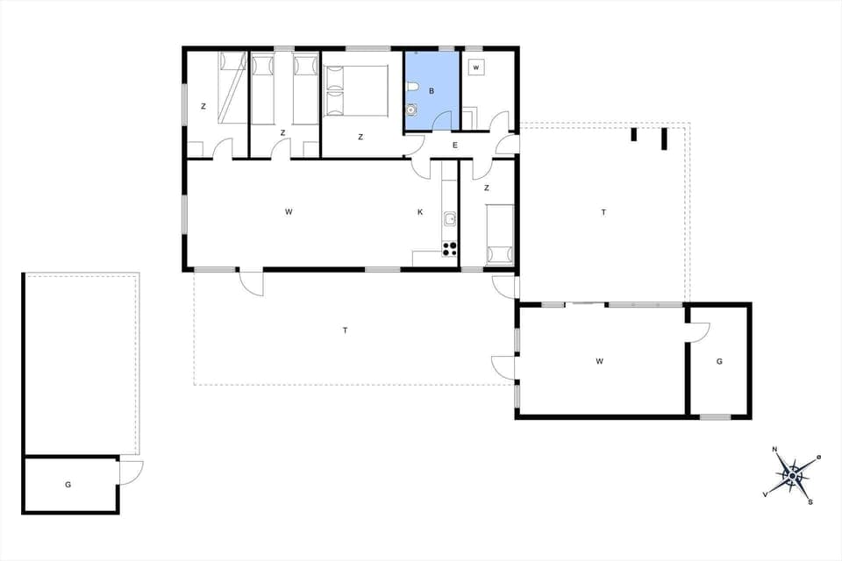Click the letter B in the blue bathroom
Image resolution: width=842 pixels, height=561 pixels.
click(x=431, y=90)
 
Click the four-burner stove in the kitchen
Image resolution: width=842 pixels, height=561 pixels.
click(x=450, y=248)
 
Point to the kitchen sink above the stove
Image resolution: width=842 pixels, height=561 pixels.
click(x=449, y=219)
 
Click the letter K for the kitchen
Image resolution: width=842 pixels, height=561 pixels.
click(x=420, y=212)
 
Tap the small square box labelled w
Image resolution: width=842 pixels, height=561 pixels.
click(x=476, y=67)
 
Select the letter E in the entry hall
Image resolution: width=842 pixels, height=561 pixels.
click(x=455, y=146)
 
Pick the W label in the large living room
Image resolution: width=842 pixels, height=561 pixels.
click(x=288, y=212)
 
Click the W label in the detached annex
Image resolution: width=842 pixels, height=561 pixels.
click(x=600, y=360)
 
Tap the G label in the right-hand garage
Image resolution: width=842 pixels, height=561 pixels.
click(x=718, y=360)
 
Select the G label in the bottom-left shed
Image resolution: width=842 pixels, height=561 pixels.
click(x=68, y=484)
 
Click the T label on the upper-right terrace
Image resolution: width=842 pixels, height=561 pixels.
click(x=603, y=212)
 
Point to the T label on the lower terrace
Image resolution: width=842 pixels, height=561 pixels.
click(x=345, y=330)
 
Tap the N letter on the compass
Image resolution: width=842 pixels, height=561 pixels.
click(x=774, y=450)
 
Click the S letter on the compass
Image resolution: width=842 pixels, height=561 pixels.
click(x=810, y=502)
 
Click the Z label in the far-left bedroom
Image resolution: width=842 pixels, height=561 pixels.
click(x=203, y=107)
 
